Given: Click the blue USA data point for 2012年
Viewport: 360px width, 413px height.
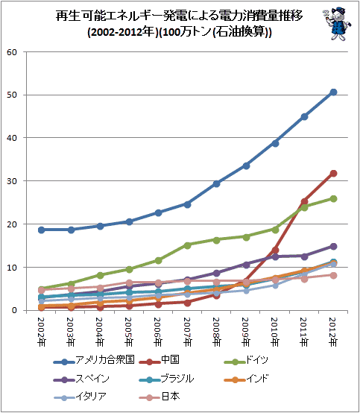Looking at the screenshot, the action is pyautogui.click(x=333, y=92).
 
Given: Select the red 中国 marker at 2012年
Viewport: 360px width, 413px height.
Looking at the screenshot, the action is pyautogui.click(x=333, y=173).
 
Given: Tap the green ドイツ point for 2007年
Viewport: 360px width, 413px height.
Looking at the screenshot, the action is pyautogui.click(x=188, y=245).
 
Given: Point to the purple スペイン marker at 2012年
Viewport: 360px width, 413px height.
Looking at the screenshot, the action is pyautogui.click(x=333, y=247).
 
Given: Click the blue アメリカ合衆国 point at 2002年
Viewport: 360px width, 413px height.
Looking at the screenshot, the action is pyautogui.click(x=41, y=230).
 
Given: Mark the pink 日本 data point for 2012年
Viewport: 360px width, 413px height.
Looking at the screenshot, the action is pyautogui.click(x=333, y=276).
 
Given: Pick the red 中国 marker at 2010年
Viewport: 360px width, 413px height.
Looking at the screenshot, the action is pyautogui.click(x=275, y=250).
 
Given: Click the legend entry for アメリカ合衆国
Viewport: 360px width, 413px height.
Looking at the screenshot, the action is pyautogui.click(x=94, y=360).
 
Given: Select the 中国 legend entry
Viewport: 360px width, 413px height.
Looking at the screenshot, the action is pyautogui.click(x=159, y=360).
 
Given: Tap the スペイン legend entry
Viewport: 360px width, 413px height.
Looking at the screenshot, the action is pyautogui.click(x=81, y=379).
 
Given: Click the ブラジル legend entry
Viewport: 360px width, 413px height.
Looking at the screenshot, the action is pyautogui.click(x=166, y=379).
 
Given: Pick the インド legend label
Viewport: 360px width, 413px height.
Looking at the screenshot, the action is pyautogui.click(x=246, y=379).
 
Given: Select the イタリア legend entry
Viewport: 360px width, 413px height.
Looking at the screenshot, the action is pyautogui.click(x=80, y=397).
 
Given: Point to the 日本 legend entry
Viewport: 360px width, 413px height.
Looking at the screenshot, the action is pyautogui.click(x=159, y=397).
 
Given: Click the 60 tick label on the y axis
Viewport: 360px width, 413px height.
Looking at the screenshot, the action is pyautogui.click(x=12, y=52).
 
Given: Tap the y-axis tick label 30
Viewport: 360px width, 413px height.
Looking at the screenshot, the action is pyautogui.click(x=12, y=181).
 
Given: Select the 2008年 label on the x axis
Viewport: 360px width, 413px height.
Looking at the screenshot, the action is pyautogui.click(x=216, y=332).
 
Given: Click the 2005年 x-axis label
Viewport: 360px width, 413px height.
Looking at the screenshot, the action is pyautogui.click(x=129, y=332).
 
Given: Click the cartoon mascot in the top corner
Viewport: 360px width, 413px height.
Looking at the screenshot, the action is pyautogui.click(x=337, y=24).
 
